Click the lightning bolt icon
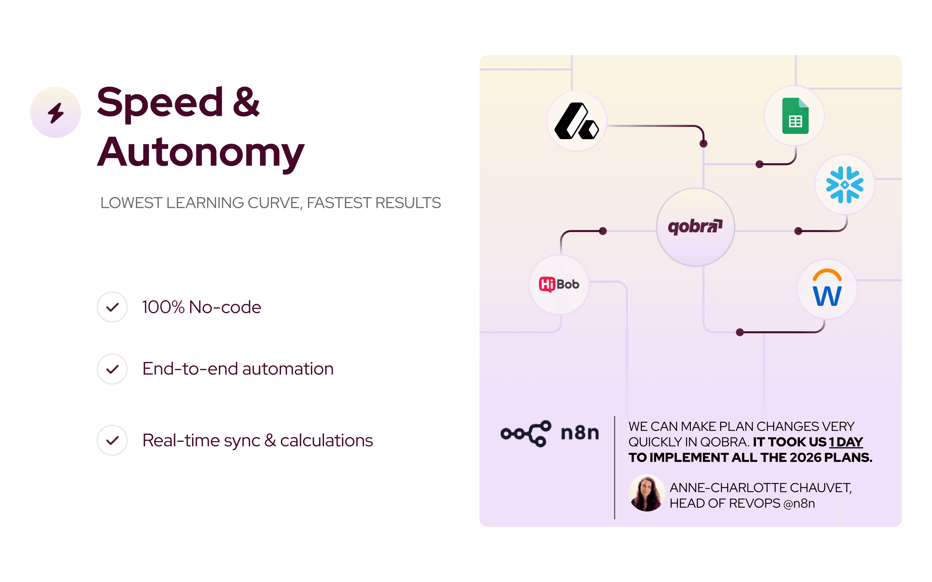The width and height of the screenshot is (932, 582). [x=56, y=113]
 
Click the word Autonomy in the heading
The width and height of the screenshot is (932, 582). [x=201, y=152]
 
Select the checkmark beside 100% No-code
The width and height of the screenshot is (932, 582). [x=112, y=307]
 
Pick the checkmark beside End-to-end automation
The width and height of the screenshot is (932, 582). [x=112, y=369]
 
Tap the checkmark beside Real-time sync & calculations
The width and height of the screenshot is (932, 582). [x=112, y=440]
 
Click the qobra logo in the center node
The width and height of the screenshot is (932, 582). [x=695, y=227]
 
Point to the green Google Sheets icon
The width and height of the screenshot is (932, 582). [x=795, y=116]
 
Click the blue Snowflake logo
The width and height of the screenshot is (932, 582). [x=845, y=185]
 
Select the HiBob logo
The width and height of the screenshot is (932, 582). [x=559, y=285]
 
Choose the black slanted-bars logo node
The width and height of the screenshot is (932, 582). [x=577, y=121]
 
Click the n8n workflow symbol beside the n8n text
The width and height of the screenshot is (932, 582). [x=526, y=433]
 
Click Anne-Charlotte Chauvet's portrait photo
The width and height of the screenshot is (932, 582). [x=647, y=493]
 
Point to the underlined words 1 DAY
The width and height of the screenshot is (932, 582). [x=846, y=442]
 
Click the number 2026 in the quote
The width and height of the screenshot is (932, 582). [x=805, y=457]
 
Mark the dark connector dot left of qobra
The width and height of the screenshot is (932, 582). [x=603, y=231]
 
